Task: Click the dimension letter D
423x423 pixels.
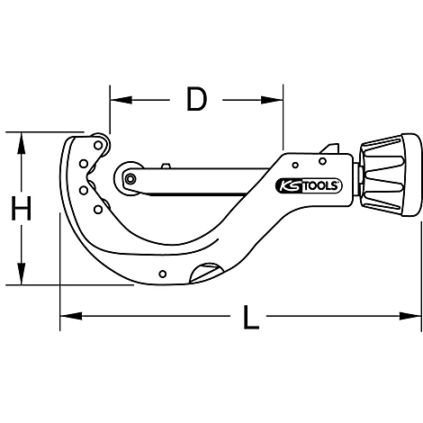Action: [x=195, y=100]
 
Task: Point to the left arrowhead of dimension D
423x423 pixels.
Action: [x=117, y=100]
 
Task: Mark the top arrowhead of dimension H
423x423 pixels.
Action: [x=21, y=139]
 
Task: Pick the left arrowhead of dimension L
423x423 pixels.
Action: [x=67, y=316]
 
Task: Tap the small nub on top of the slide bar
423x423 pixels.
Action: [x=165, y=166]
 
